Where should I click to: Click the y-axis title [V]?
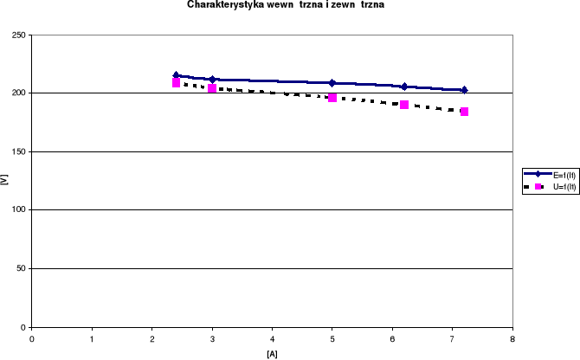point(6,181)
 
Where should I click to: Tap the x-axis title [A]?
point(272,353)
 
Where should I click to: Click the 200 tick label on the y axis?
point(18,93)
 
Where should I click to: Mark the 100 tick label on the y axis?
point(18,209)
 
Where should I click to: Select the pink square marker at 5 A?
point(332,98)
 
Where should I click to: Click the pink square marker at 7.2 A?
point(464,112)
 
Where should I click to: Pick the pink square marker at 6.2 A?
point(404,105)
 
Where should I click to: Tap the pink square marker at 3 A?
point(212,88)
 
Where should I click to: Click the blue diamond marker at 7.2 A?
point(464,90)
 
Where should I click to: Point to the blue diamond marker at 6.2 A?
point(404,87)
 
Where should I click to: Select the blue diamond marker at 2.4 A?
point(176,75)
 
